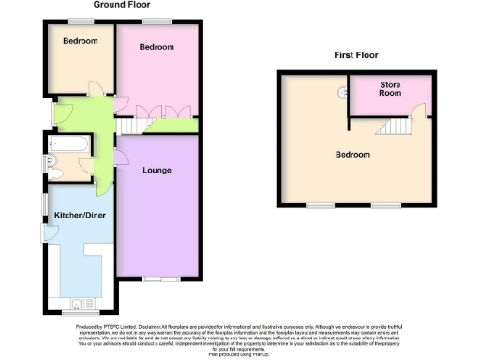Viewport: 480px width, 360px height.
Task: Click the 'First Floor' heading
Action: point(356,55)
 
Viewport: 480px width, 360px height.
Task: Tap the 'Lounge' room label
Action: point(156,171)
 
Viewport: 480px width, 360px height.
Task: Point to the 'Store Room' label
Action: point(390,90)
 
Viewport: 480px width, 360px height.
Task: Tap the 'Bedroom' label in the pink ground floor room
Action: point(157,47)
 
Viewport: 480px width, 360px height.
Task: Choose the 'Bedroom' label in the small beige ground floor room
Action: point(80,41)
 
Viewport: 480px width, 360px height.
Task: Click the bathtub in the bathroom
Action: point(68,144)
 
